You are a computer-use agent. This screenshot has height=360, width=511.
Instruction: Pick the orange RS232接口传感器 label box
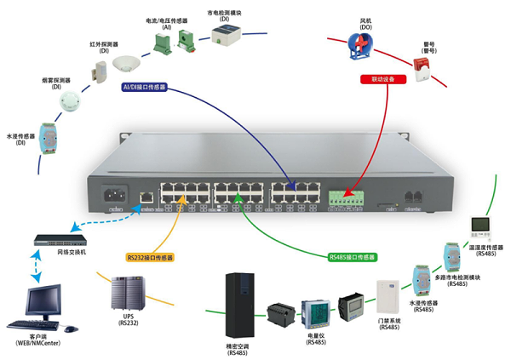[150, 256]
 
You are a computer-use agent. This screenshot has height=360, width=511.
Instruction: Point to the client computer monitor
[47, 300]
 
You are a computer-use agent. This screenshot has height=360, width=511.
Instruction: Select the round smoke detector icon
[69, 101]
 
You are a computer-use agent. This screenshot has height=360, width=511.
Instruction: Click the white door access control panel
[388, 296]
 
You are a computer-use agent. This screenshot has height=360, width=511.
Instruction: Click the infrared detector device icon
[99, 68]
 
